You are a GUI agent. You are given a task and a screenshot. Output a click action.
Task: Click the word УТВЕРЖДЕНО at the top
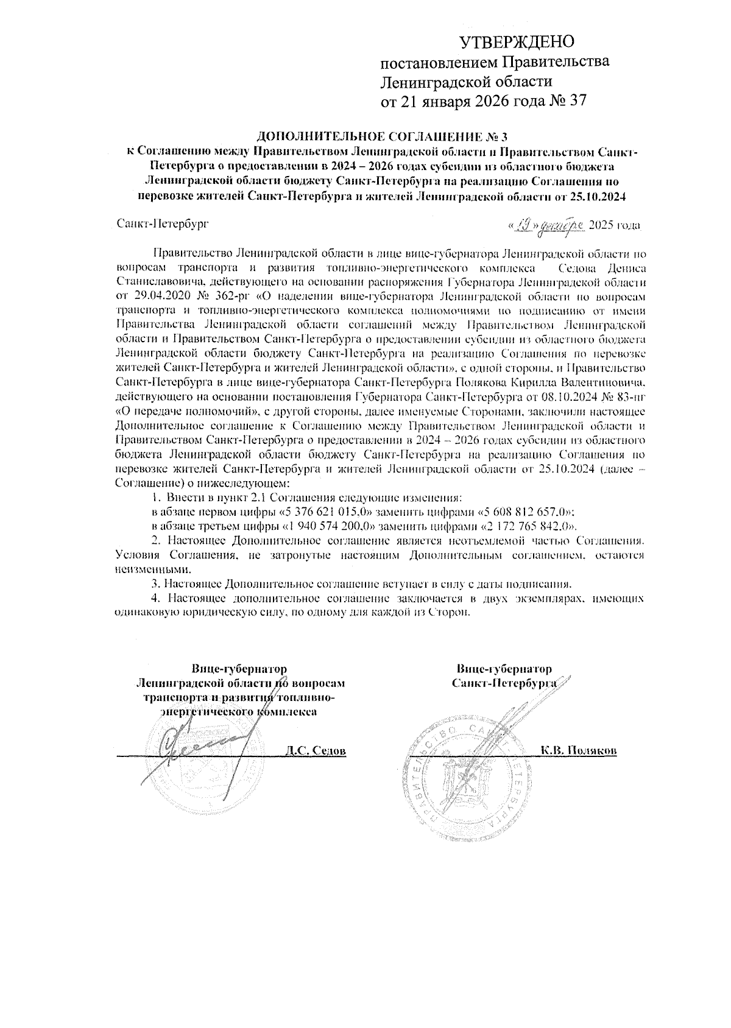pyautogui.click(x=517, y=42)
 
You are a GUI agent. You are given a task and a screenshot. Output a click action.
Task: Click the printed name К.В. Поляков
pyautogui.click(x=579, y=750)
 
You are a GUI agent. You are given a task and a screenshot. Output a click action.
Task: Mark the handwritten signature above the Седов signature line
pyautogui.click(x=195, y=746)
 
